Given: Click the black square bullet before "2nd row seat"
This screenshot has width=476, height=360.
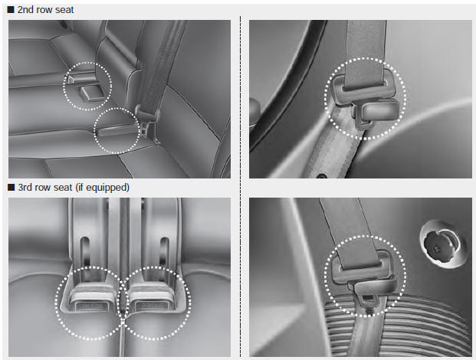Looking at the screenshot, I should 11,10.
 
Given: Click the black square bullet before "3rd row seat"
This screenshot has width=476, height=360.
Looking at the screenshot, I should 11,187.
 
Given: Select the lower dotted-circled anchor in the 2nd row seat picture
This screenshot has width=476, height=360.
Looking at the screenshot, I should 113,130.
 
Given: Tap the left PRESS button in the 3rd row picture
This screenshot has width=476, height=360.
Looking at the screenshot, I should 90,303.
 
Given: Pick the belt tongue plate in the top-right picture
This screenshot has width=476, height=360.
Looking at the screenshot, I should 362,96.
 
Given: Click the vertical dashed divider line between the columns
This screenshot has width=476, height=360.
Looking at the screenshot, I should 240,184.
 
